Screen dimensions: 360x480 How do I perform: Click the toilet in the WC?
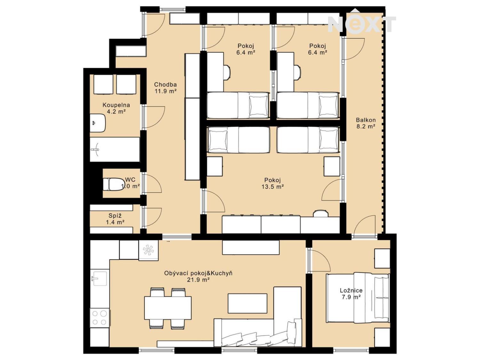point(113,184)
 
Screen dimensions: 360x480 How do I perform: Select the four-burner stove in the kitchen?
point(100,318)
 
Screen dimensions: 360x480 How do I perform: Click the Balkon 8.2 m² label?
point(366,123)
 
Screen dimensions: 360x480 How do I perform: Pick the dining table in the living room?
point(168,308)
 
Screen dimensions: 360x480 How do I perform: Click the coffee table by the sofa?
point(247,303)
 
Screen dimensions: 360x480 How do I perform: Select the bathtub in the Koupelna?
point(115,149)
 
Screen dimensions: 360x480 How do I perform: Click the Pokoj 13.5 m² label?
point(272,183)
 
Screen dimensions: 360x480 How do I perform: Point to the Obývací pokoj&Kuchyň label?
point(198,276)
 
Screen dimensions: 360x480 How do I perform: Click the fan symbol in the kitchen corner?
point(148,250)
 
